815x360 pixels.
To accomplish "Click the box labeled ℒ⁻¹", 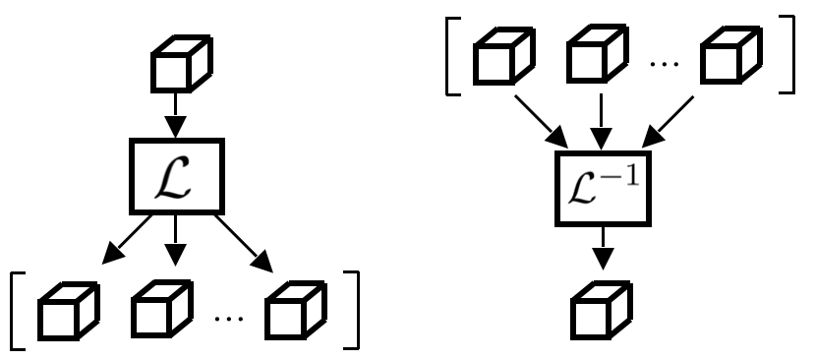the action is [603, 186].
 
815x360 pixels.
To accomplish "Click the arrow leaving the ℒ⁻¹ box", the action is [603, 247].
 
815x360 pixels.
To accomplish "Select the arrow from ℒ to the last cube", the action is [242, 242].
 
